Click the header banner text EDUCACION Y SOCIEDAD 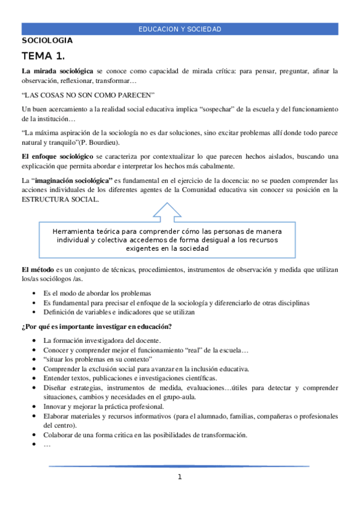point(180,29)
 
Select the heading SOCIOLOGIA point(47,40)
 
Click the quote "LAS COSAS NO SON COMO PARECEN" point(88,95)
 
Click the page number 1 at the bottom point(180,478)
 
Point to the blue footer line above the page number point(180,466)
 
